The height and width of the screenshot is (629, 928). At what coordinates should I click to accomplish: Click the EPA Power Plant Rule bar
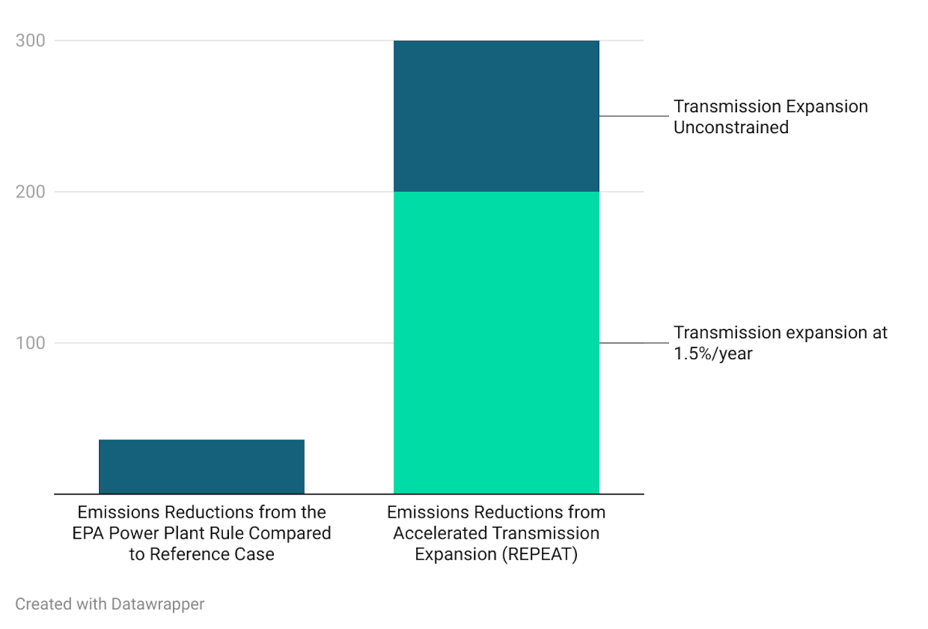(x=201, y=467)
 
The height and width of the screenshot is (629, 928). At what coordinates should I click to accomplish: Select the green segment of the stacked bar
(x=496, y=342)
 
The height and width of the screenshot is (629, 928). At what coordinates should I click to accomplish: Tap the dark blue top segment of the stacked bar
(x=496, y=116)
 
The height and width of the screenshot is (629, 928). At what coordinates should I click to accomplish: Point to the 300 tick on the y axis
(x=31, y=40)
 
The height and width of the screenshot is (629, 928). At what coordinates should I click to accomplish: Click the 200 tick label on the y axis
(x=31, y=192)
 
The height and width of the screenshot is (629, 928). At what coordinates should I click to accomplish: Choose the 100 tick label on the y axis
(x=31, y=343)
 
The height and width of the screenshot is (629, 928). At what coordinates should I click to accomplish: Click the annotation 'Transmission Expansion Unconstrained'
(x=770, y=117)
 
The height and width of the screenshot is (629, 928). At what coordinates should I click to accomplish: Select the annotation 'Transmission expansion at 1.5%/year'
(x=780, y=343)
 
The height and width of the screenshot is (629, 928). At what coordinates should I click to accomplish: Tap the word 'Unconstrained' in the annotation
(x=731, y=128)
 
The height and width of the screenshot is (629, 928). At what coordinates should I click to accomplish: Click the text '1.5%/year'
(x=712, y=354)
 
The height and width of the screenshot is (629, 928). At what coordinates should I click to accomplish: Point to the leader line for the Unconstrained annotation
(x=633, y=116)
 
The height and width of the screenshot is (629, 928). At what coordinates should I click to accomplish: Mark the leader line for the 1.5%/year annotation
(x=633, y=343)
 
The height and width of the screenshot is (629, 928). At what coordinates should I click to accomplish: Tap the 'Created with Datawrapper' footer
(x=110, y=603)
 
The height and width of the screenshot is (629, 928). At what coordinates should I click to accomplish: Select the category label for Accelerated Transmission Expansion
(x=496, y=533)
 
